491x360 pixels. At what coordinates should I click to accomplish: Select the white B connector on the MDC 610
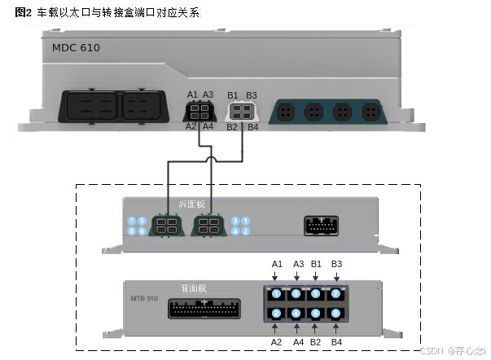[x=241, y=111]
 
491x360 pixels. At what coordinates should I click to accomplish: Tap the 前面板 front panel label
[x=193, y=288]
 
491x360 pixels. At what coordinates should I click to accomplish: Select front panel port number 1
[x=277, y=293]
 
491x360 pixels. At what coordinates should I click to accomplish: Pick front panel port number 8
[x=335, y=313]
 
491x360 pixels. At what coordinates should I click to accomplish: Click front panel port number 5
[x=277, y=313]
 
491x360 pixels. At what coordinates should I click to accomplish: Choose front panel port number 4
[x=335, y=293]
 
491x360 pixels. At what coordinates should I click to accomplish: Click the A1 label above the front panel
[x=277, y=264]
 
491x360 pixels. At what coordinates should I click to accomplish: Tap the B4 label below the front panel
[x=335, y=341]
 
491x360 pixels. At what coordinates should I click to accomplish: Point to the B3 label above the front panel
[x=335, y=264]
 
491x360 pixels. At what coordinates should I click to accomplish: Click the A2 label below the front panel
[x=277, y=341]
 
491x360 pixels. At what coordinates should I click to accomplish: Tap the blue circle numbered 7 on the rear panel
[x=132, y=221]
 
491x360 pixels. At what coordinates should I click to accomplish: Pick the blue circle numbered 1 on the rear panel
[x=246, y=221]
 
